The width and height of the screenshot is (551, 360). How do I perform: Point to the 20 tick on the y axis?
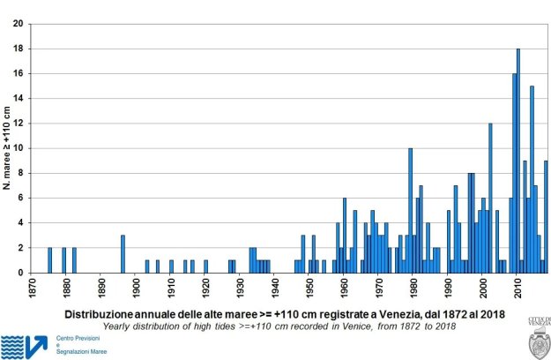[x=19, y=24]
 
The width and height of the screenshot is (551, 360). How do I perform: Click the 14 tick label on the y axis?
[x=19, y=99]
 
